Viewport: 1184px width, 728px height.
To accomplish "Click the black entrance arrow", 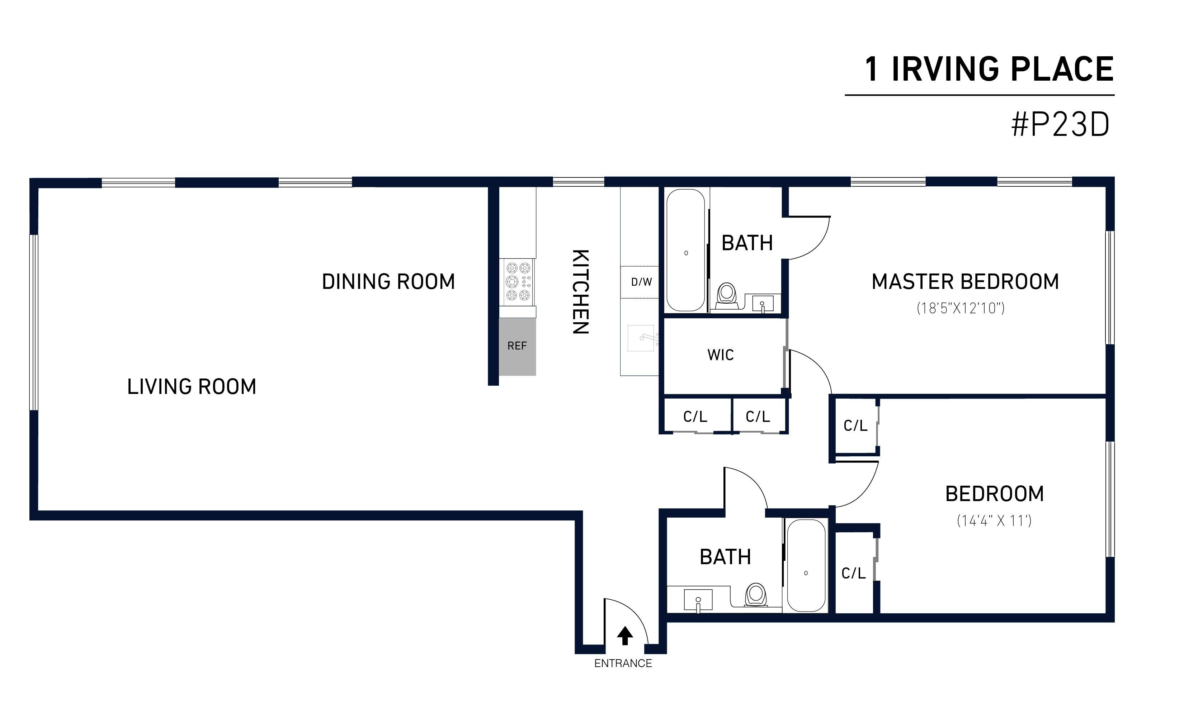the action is tap(625, 636).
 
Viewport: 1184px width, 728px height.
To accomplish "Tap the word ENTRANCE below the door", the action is tap(623, 663).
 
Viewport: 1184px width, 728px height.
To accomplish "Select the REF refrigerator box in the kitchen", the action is tap(517, 346).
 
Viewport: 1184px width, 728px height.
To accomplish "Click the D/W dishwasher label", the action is tap(641, 282).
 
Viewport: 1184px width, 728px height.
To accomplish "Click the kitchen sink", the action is tap(641, 338).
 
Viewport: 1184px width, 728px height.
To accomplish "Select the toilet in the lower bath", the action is tap(756, 595).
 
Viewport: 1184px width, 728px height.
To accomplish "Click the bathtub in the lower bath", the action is tap(806, 565).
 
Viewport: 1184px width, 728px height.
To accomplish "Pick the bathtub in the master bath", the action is tap(685, 249).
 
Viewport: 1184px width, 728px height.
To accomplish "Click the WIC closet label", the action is tap(721, 355).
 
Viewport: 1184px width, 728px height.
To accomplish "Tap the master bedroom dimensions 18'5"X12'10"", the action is tap(961, 308).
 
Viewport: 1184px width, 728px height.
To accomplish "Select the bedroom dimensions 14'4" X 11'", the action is tap(994, 520).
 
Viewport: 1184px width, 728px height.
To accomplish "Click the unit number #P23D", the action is tap(1060, 124).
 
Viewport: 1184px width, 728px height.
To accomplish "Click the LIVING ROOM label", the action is tap(192, 387).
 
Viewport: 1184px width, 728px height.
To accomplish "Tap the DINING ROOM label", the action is tap(388, 282).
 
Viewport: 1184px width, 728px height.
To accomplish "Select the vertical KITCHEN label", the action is tap(580, 292).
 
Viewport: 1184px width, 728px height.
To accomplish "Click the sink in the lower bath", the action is tap(698, 600).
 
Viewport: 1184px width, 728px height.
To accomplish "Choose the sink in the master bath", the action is tap(763, 304).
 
